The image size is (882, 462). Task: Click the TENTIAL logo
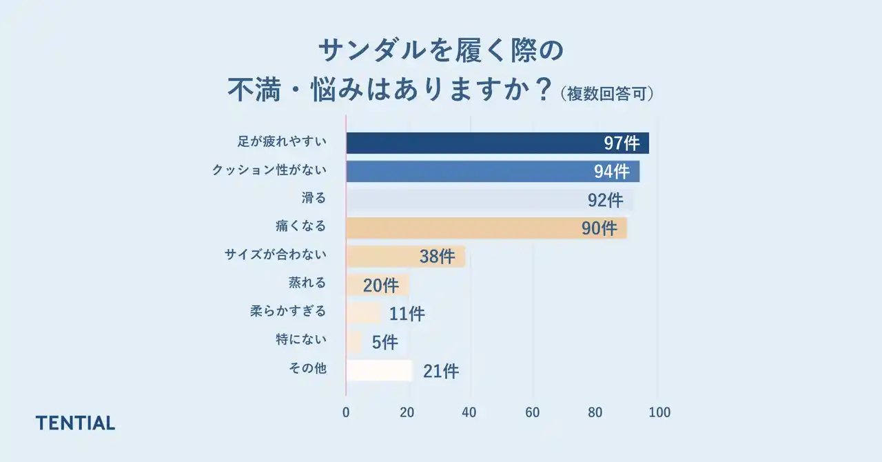75,423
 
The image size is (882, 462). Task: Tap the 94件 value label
611,172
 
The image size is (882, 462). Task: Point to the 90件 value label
599,228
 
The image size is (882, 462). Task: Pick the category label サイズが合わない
275,254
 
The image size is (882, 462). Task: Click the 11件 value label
407,314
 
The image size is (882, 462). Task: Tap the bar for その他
379,370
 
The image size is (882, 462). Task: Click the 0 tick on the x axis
346,412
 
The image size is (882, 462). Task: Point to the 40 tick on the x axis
469,412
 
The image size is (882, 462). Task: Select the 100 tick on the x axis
659,412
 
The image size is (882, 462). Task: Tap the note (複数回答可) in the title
606,94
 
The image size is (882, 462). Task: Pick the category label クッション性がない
269,170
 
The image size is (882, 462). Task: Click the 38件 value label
437,257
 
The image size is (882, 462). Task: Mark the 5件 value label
384,342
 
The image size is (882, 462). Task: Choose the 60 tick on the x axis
532,412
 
